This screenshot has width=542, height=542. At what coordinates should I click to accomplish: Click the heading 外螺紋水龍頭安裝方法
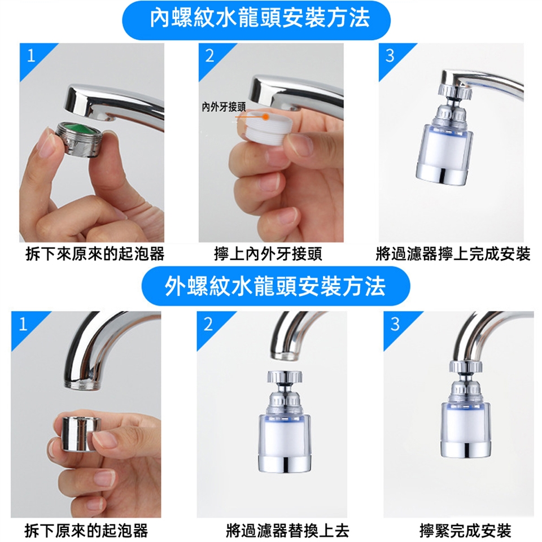(x=275, y=286)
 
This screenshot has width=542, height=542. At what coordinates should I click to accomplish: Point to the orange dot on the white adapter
(x=266, y=117)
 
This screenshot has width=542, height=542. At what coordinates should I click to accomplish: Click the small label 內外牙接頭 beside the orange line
(x=224, y=107)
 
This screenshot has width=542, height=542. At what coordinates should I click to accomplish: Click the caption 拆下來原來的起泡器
(x=95, y=255)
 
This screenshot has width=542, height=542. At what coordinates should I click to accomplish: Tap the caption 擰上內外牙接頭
(x=268, y=255)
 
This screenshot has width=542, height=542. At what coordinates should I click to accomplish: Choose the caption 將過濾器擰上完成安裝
(x=453, y=255)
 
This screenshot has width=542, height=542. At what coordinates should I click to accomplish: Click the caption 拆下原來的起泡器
(x=86, y=530)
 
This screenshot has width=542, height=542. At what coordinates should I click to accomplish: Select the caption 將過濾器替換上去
(x=287, y=530)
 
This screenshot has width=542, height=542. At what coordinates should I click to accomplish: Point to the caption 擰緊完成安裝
(x=465, y=530)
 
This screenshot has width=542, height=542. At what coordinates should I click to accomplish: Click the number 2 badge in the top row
(x=209, y=56)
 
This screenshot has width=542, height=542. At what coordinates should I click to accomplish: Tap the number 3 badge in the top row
(x=390, y=56)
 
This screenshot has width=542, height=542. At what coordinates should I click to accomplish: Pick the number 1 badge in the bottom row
(x=23, y=324)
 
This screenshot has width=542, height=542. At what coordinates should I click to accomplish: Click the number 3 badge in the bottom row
(x=395, y=324)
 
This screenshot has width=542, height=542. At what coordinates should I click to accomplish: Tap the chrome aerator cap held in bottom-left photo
(x=81, y=434)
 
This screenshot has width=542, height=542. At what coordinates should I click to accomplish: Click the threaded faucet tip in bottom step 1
(x=83, y=383)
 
